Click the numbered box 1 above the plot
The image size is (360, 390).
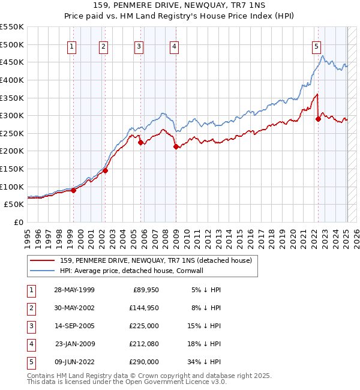coord(72,46)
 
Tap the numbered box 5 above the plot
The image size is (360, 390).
coord(316,46)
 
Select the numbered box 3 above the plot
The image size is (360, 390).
coord(139,46)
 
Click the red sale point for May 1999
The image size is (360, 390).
coord(74,190)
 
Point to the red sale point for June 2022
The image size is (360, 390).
coord(319,119)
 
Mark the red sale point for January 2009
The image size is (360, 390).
coord(176,146)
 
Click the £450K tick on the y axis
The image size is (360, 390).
coord(12,62)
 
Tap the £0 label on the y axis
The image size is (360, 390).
coord(18,222)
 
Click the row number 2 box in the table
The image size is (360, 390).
coord(31,308)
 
